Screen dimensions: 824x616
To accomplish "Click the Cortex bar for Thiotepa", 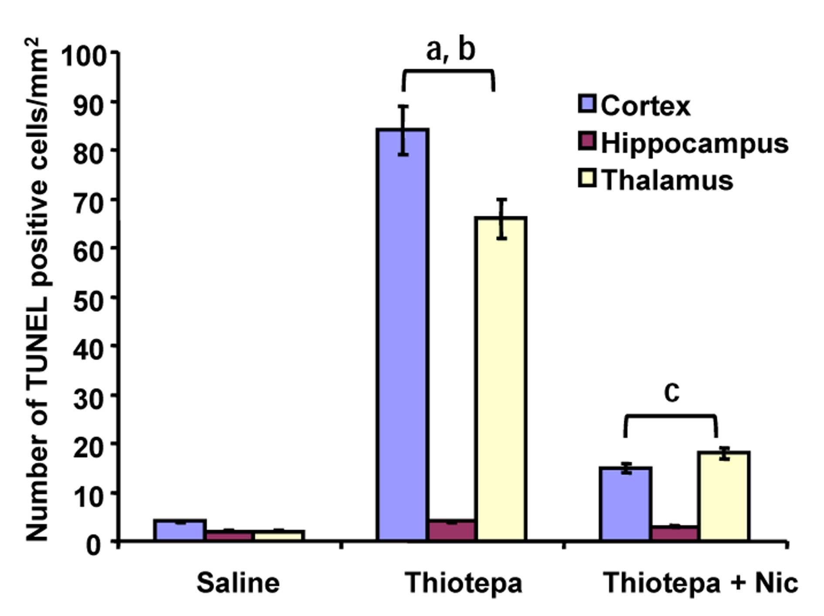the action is coord(402,334).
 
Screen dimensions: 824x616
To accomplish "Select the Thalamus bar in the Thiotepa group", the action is coord(502,378).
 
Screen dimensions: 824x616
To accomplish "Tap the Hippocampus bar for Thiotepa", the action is coord(452,530).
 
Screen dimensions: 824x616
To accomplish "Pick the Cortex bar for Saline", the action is coord(180,530).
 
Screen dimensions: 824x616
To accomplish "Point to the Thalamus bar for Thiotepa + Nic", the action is coord(724,496).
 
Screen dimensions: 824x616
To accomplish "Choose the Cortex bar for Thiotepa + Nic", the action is coord(626,504).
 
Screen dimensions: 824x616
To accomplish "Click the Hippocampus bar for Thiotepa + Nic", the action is coord(675,533).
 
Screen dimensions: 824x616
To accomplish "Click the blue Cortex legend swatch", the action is coord(587,104).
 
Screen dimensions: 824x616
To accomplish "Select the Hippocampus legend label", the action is coord(695,144).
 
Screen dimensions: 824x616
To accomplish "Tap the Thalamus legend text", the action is coord(667,180).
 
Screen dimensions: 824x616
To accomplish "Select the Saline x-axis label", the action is coord(238,583).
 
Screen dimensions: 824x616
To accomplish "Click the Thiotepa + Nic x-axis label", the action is coord(701,583).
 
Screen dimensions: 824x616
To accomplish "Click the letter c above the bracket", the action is coord(671,392).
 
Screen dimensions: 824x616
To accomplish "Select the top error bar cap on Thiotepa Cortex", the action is coord(404,106).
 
